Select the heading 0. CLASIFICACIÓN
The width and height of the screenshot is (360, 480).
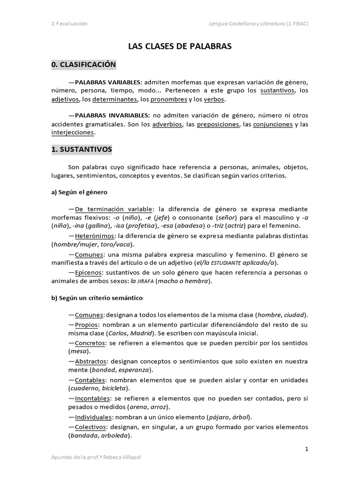coord(83,64)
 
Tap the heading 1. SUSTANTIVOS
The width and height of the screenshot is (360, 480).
coord(82,150)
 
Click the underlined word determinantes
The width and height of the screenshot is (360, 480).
coord(114,99)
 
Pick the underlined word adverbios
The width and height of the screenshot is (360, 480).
coord(167,124)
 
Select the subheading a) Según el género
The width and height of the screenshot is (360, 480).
coord(79,192)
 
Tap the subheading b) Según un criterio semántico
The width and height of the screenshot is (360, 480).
coord(97,298)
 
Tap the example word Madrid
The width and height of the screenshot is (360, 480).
coord(143,333)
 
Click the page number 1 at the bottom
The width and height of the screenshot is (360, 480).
coord(307,450)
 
